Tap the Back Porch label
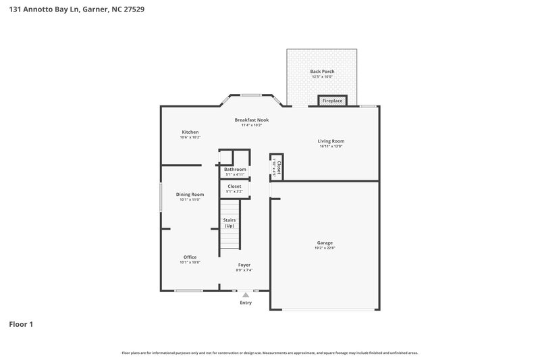[322, 72]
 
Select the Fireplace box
[332, 101]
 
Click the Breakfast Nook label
[251, 120]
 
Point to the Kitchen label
[190, 132]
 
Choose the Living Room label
[331, 141]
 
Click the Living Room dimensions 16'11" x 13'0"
[331, 147]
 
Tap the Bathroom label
[236, 169]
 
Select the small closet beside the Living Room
[276, 168]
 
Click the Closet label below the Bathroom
[234, 186]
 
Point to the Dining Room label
[190, 194]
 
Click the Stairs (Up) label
[230, 223]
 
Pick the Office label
[190, 257]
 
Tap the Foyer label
[244, 265]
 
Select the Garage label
[325, 242]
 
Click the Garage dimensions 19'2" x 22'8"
[325, 249]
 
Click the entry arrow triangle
[246, 294]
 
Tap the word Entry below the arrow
[246, 303]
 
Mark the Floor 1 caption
[21, 324]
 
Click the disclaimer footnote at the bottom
[269, 353]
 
